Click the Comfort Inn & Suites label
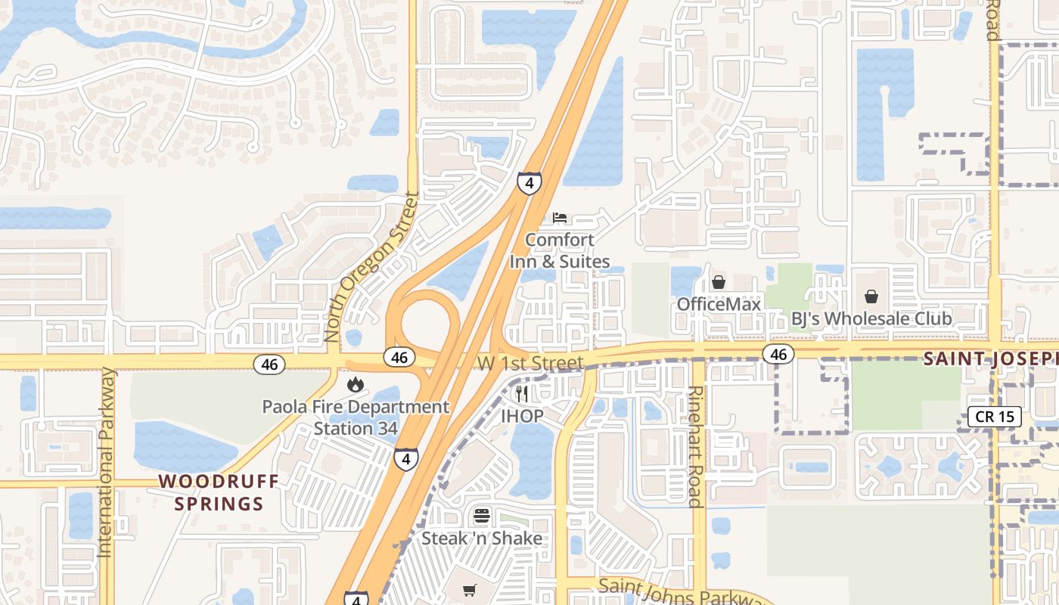(x=560, y=250)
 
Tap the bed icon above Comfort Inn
(x=560, y=218)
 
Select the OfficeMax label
(x=719, y=304)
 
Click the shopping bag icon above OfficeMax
(x=719, y=283)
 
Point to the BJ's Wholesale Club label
(x=871, y=318)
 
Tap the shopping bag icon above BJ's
(x=871, y=296)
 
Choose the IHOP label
(x=522, y=416)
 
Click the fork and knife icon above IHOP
(x=522, y=394)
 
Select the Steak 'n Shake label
(x=482, y=538)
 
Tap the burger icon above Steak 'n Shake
(x=482, y=517)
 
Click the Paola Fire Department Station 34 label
(x=356, y=417)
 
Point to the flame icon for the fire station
(x=355, y=385)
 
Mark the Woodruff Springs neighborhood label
(x=219, y=492)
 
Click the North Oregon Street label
(x=371, y=268)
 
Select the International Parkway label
(x=106, y=463)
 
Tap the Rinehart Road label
(x=695, y=447)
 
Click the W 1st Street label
(x=530, y=364)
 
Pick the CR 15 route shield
(x=995, y=416)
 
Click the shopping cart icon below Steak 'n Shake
(x=470, y=590)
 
